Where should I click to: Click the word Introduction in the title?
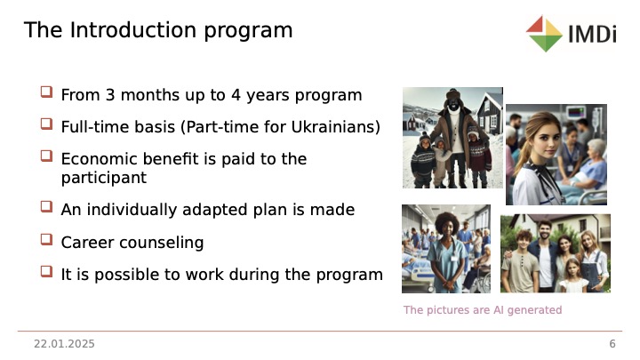tap(133, 30)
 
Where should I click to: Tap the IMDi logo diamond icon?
tap(545, 34)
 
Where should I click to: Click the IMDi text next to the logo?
tap(592, 34)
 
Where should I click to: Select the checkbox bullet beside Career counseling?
tap(46, 239)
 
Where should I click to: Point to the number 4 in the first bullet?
tap(236, 95)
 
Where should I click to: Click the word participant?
tap(104, 178)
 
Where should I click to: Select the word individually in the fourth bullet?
tap(132, 210)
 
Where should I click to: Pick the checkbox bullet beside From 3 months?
tap(46, 92)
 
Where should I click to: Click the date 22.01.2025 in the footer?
tap(64, 344)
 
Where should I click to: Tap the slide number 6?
tap(612, 344)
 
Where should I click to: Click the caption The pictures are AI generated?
tap(483, 310)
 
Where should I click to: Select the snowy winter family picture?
tap(452, 138)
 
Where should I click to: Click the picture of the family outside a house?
tap(556, 253)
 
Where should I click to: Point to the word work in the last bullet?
tap(204, 275)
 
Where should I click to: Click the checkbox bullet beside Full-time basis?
tap(46, 124)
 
